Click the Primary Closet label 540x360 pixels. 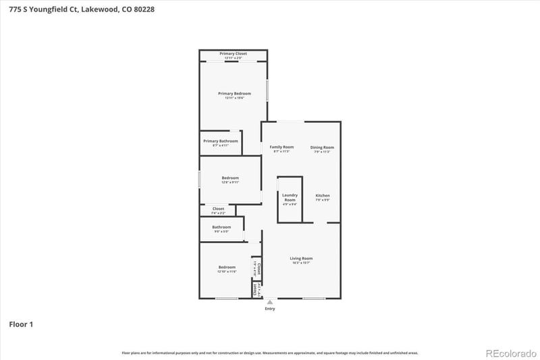233,53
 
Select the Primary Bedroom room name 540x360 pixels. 234,93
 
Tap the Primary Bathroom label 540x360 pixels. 221,141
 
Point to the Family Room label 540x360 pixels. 281,147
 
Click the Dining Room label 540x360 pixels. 322,147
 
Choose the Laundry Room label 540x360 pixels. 290,198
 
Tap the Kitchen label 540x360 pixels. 323,196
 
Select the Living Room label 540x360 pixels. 301,259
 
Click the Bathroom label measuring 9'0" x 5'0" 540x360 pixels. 221,227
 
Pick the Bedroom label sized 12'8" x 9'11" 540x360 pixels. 230,178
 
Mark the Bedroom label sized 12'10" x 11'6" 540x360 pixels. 227,267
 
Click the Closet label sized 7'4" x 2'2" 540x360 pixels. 218,209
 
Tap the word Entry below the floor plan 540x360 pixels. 270,309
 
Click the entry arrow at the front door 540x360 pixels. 270,302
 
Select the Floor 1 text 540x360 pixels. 21,325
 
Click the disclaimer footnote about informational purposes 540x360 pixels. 270,353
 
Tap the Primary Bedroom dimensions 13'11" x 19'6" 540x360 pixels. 234,98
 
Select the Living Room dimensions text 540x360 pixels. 301,263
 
